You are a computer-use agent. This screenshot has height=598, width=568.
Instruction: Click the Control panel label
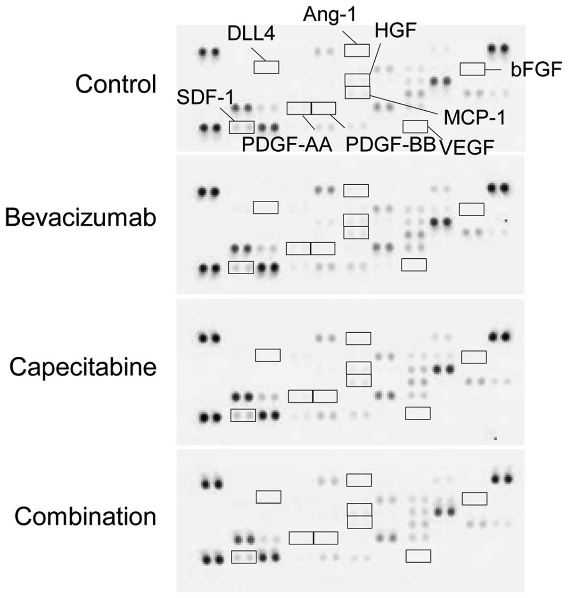click(115, 85)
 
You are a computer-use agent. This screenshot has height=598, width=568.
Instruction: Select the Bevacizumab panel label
click(80, 218)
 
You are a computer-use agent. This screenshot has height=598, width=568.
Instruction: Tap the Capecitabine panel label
click(83, 367)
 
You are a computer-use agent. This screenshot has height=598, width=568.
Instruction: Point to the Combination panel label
click(85, 516)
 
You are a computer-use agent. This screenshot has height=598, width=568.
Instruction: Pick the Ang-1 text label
click(329, 15)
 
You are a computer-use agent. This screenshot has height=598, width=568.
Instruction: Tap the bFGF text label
click(536, 70)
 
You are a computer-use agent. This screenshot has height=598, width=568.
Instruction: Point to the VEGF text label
click(467, 147)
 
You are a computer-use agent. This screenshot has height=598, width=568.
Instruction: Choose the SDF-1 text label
click(205, 98)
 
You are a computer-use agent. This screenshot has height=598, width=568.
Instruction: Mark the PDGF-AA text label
click(287, 145)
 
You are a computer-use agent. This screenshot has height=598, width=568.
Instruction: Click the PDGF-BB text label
click(390, 145)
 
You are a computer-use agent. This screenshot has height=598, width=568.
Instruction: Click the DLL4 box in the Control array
click(266, 67)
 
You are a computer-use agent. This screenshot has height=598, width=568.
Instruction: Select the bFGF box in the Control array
click(472, 69)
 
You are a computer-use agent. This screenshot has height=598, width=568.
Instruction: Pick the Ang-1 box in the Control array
click(357, 50)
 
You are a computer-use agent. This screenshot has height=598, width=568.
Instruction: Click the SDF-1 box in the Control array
click(242, 127)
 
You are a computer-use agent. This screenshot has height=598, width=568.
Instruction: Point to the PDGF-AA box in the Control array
click(299, 108)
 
